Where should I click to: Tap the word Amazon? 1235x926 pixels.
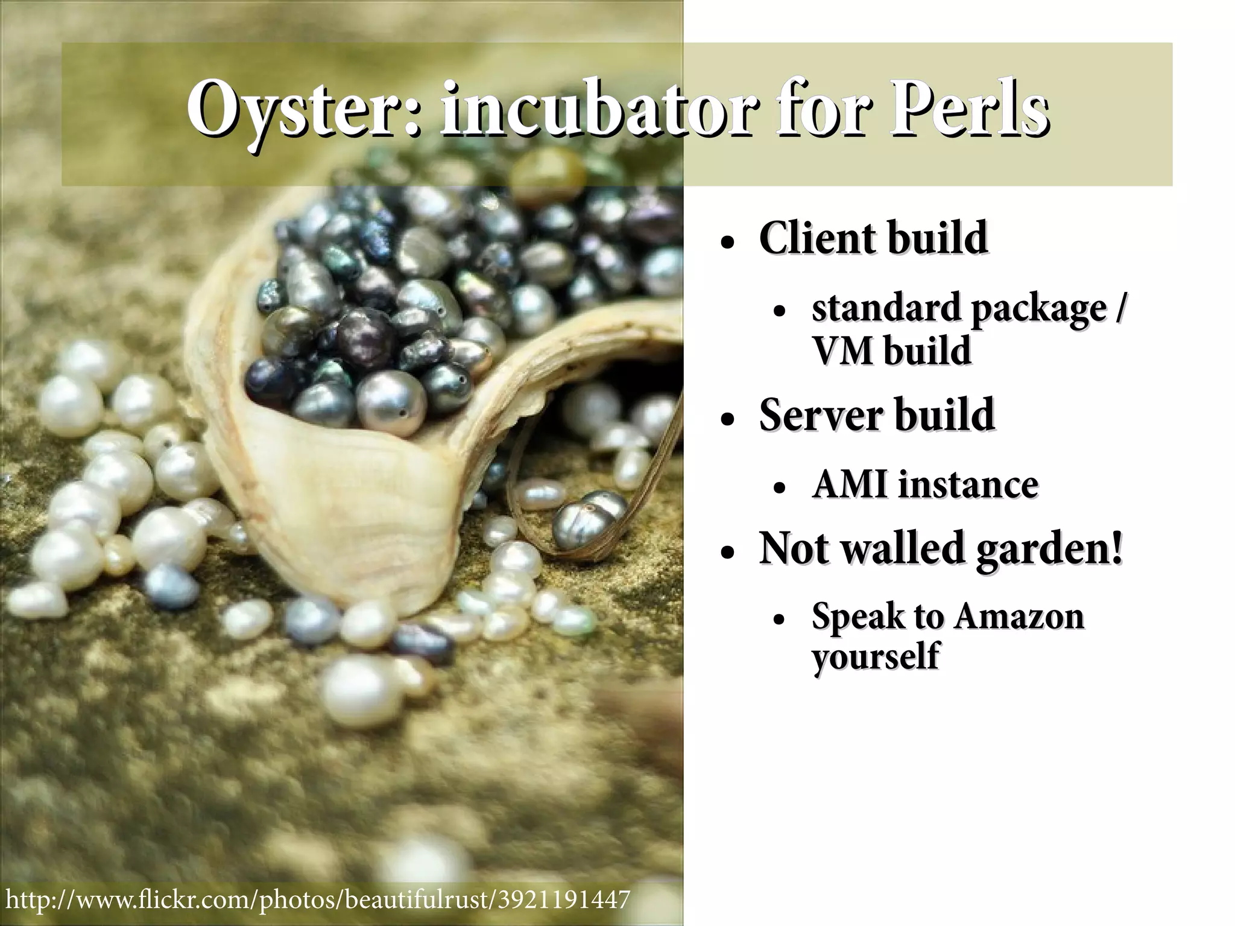pyautogui.click(x=1019, y=616)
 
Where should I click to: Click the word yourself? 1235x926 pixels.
pyautogui.click(x=875, y=656)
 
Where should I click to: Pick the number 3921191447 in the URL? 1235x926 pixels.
pyautogui.click(x=564, y=899)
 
